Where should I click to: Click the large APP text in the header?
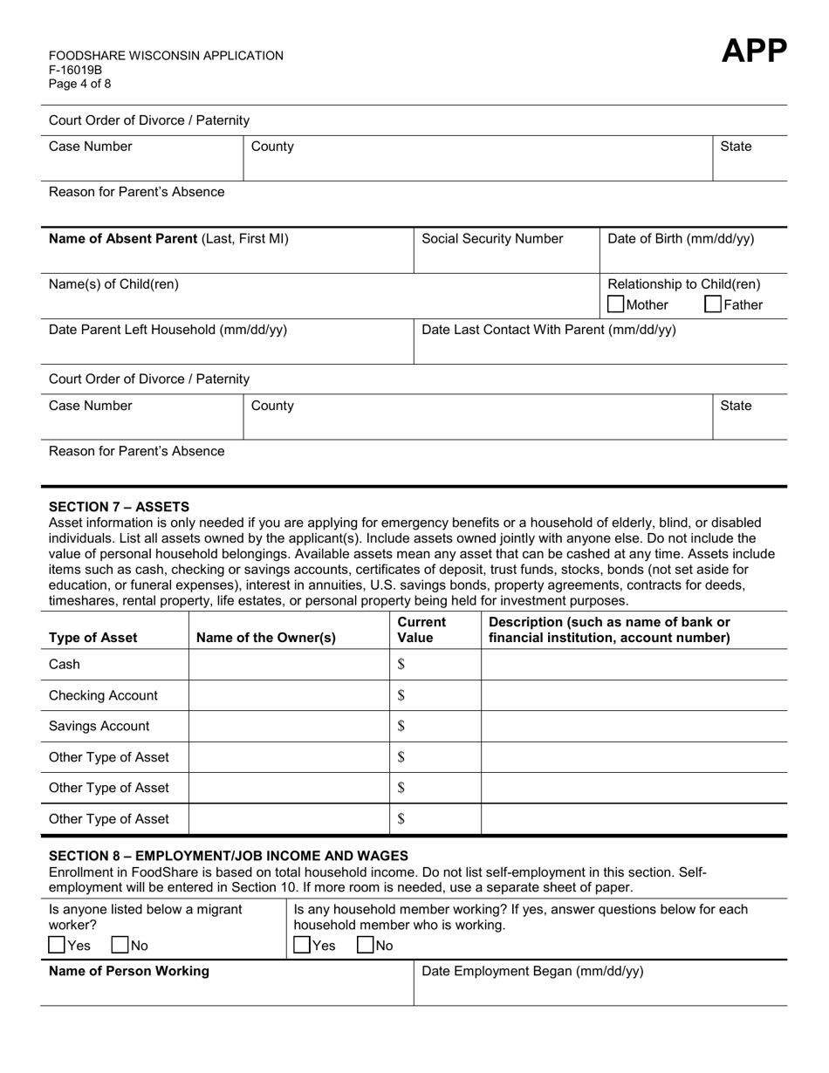[x=754, y=51]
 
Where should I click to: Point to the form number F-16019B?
[x=75, y=70]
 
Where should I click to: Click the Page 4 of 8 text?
[x=80, y=84]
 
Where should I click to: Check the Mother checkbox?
[x=616, y=304]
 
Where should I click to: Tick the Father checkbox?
[x=713, y=304]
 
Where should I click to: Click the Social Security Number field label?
[x=492, y=239]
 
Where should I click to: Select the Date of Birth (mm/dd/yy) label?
[x=681, y=239]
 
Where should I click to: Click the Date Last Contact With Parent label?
[x=548, y=330]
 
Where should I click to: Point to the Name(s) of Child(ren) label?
[x=113, y=284]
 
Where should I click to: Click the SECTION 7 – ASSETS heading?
[x=119, y=507]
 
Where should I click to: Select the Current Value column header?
[x=421, y=630]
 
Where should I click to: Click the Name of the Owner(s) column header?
[x=266, y=638]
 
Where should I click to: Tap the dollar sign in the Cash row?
[x=401, y=665]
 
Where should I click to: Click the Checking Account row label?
[x=103, y=695]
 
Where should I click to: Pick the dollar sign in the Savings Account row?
[x=401, y=726]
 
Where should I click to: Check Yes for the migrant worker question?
[x=57, y=945]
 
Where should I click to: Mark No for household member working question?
[x=366, y=945]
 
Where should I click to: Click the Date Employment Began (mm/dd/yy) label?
[x=532, y=972]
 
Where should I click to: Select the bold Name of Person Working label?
[x=129, y=972]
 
